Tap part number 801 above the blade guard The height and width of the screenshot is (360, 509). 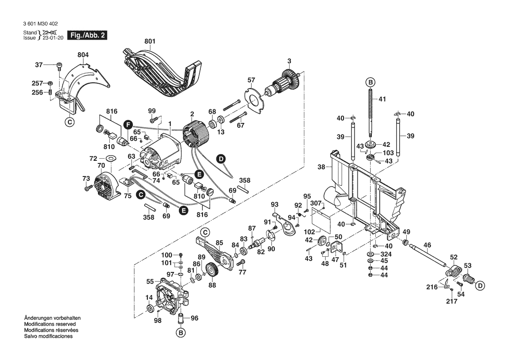coord(150,41)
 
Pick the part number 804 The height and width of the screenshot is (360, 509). coord(83,55)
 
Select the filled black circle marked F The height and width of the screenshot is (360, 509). coord(127,124)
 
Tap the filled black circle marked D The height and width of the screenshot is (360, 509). coord(221,159)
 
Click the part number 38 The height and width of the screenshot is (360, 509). coord(322,166)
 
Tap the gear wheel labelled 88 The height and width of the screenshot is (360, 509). coord(212,272)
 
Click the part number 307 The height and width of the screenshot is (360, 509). coord(316,203)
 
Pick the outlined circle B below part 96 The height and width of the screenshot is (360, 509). coord(180,333)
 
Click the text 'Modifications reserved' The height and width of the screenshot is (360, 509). coord(50,325)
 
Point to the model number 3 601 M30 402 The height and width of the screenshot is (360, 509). coord(39,24)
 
